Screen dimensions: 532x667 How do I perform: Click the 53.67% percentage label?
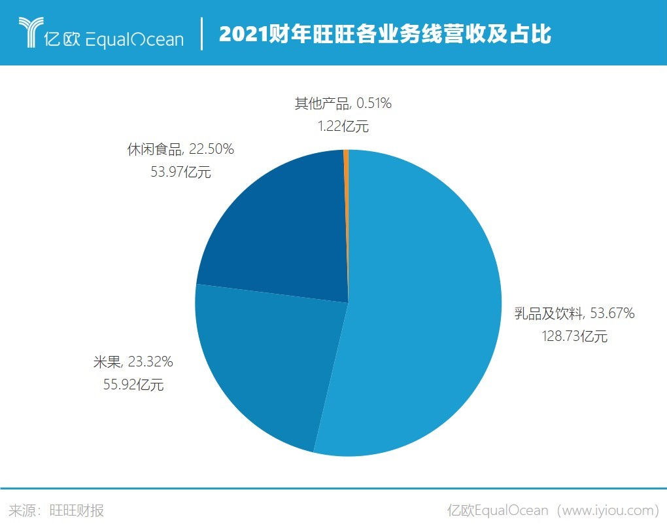(612, 314)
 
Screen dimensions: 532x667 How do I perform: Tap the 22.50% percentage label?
(211, 150)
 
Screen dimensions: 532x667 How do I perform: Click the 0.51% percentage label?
(374, 103)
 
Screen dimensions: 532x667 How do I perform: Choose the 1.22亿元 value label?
(343, 126)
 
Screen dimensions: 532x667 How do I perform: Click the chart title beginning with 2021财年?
(385, 35)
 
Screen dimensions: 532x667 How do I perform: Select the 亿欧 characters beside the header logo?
(61, 39)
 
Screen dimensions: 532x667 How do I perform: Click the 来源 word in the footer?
(21, 510)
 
